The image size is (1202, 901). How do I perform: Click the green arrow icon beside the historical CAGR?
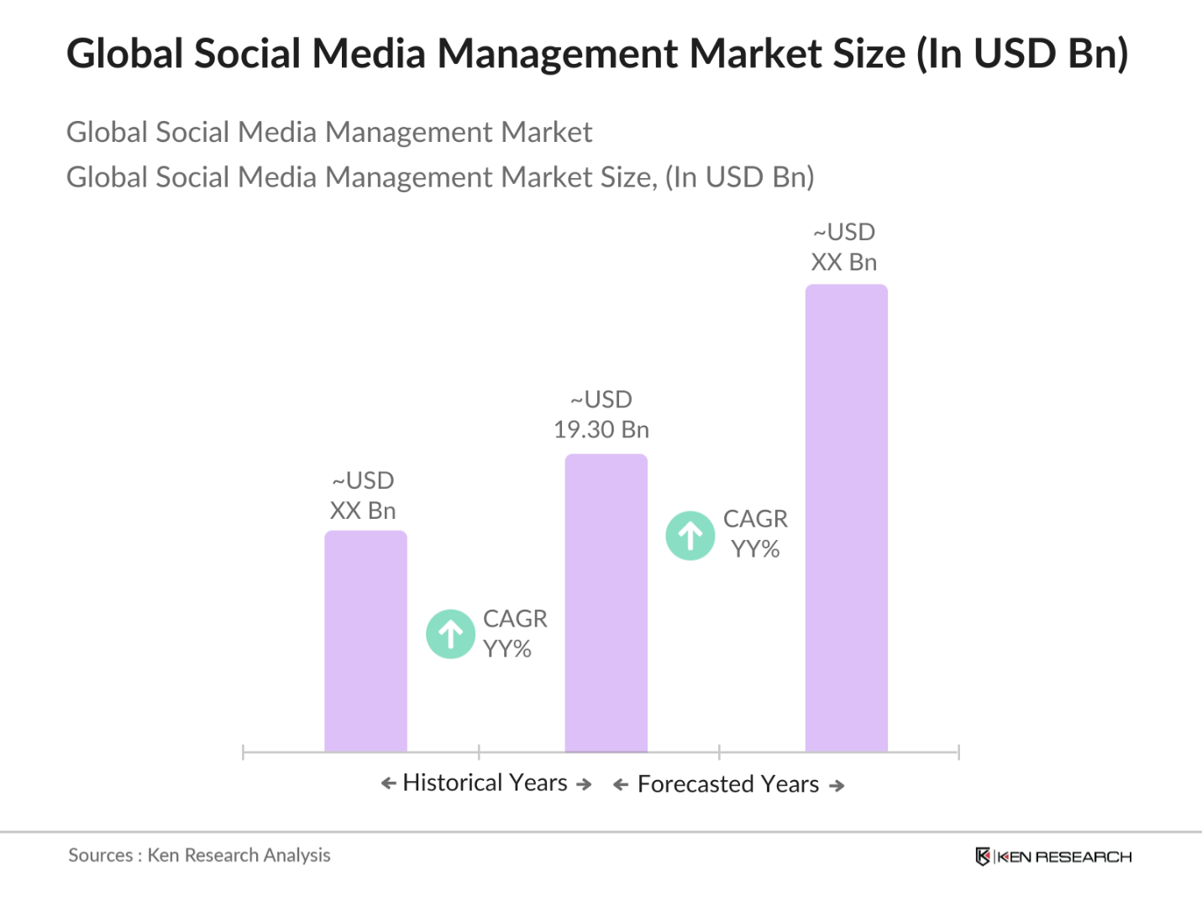[x=451, y=634]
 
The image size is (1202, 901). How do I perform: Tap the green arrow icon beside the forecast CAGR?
[x=690, y=536]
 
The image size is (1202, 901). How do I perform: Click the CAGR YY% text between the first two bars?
[x=514, y=634]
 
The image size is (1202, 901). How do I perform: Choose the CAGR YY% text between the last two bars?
[x=755, y=534]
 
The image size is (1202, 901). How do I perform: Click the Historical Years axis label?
[x=486, y=783]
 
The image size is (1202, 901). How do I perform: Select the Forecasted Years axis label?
[x=728, y=784]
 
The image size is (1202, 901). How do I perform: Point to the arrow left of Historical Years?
[x=388, y=783]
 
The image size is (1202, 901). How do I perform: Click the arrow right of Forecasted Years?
[x=837, y=786]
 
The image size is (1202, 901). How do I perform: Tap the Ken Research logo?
[x=1053, y=856]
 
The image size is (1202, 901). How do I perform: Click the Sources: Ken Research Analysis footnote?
[x=199, y=856]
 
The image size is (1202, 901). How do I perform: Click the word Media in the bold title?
[x=369, y=54]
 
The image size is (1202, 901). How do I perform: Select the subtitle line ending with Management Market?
[x=329, y=133]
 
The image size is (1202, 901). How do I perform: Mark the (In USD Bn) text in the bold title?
[x=1022, y=54]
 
